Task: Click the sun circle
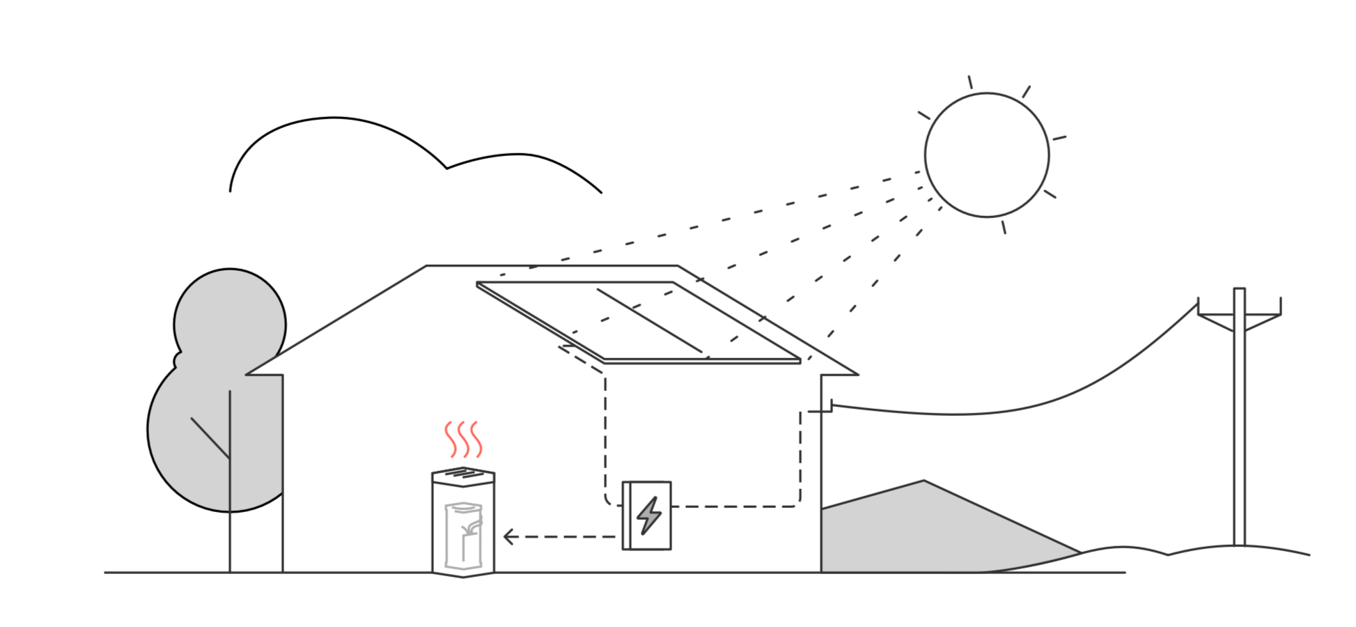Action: coord(986,155)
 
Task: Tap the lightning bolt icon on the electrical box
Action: coord(649,516)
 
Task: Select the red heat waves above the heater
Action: coord(463,439)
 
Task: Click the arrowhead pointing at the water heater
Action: coord(508,537)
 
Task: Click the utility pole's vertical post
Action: coord(1239,432)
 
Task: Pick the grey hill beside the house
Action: coord(926,529)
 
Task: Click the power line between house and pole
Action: coord(1010,411)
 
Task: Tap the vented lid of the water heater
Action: coord(463,476)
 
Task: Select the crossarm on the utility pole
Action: coord(1239,316)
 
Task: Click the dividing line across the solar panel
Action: coord(649,320)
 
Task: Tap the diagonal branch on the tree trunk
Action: coord(210,438)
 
